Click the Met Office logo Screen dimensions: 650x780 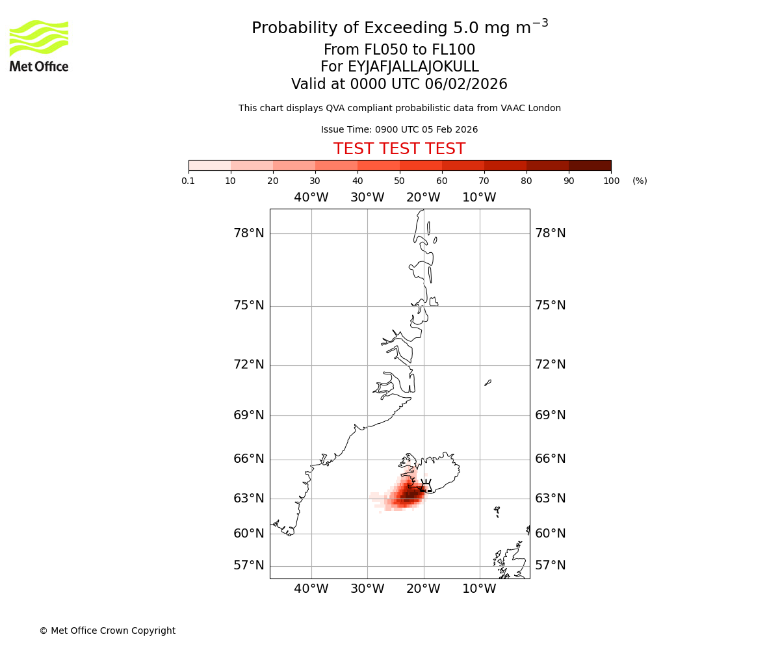pos(39,45)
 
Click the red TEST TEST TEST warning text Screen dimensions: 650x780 pos(399,149)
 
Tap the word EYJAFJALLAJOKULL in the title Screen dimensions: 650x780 pos(413,67)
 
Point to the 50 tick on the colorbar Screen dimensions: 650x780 pos(399,181)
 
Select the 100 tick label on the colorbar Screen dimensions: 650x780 pos(611,181)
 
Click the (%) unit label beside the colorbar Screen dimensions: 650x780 pos(640,181)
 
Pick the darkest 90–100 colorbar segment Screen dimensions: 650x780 pos(590,165)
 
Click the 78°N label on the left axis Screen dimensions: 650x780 pos(249,233)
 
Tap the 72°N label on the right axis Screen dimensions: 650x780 pos(551,365)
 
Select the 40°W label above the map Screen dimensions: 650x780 pos(311,198)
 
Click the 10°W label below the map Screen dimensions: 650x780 pos(479,589)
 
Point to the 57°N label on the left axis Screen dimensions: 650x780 pos(249,565)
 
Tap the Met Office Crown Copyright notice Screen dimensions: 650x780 pos(107,630)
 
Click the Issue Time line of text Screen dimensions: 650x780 pos(399,129)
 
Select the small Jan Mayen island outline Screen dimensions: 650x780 pos(487,383)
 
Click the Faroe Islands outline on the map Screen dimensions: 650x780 pos(497,511)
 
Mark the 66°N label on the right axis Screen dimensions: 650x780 pos(551,459)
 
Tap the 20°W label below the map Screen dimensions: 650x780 pos(423,589)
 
